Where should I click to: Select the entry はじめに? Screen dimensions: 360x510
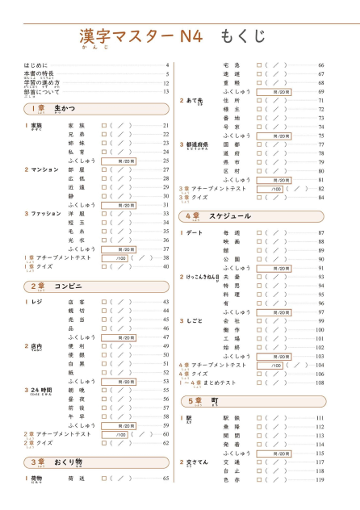(36, 65)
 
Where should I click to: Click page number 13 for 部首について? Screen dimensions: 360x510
(166, 91)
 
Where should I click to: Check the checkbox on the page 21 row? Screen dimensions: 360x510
(103, 126)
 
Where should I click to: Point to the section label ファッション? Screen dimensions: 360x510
(46, 214)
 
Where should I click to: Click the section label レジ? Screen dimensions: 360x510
(36, 302)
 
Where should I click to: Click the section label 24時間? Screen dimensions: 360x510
(42, 390)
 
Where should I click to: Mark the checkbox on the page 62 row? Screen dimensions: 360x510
(103, 442)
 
